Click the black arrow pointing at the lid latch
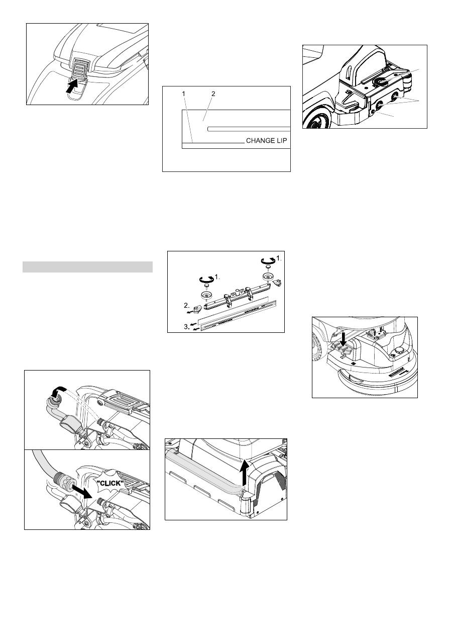[x=72, y=86]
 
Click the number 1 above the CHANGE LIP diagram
[x=184, y=94]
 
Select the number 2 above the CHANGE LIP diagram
[x=213, y=94]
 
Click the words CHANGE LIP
[x=266, y=141]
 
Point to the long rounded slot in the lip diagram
[x=249, y=129]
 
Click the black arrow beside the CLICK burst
[x=81, y=490]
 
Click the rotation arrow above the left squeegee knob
[x=206, y=278]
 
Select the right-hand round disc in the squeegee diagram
[x=268, y=277]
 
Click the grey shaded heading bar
[x=87, y=267]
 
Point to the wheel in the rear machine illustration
[x=317, y=121]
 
